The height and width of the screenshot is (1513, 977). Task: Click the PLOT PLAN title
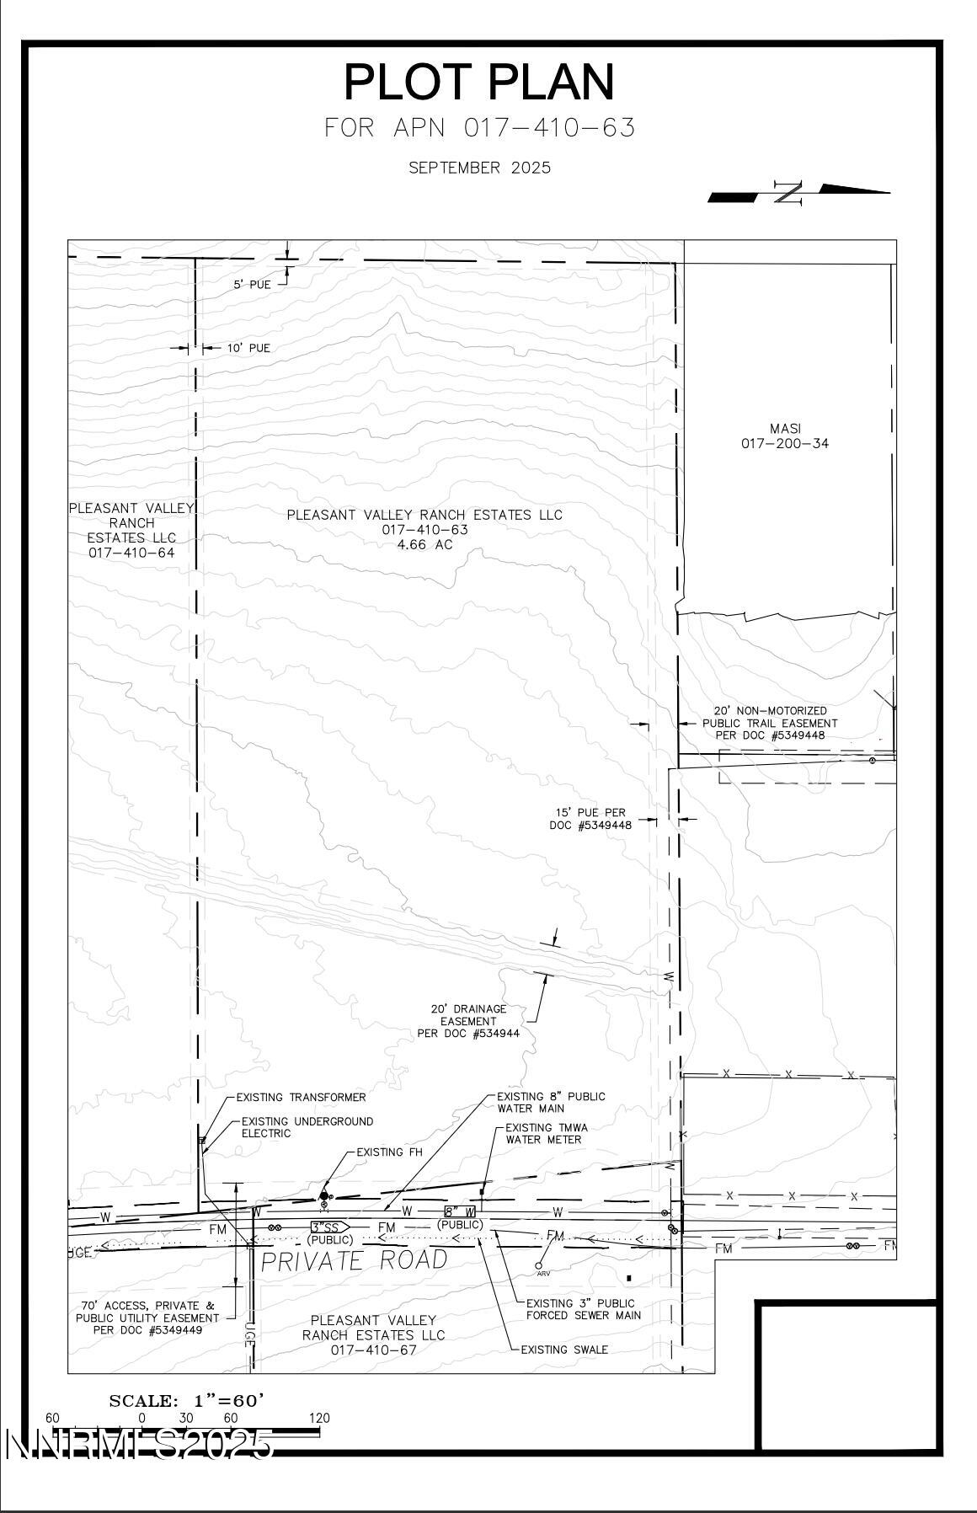pos(479,83)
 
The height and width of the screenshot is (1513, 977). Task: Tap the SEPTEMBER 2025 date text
pos(479,168)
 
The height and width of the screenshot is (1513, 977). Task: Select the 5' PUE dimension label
pos(252,285)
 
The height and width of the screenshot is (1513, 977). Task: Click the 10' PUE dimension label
pos(248,348)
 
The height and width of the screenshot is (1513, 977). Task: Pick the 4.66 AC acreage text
pos(424,545)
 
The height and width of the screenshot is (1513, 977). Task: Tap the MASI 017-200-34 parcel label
pos(785,436)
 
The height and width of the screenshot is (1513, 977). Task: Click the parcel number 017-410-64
pos(131,553)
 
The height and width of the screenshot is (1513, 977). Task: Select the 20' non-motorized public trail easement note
pos(770,723)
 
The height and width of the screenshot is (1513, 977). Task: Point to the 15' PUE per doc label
pos(590,819)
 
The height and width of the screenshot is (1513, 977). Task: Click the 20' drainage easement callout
pos(468,1021)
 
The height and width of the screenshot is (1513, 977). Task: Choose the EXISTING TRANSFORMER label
pos(301,1097)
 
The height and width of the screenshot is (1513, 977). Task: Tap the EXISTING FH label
pos(389,1152)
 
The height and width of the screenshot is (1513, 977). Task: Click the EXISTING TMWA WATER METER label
pos(547,1133)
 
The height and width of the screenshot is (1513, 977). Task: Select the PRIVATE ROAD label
pos(354,1260)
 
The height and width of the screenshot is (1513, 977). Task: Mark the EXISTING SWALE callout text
pos(564,1349)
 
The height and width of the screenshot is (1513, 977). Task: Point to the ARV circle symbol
pos(539,1264)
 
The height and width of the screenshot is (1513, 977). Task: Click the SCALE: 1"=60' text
pos(187,1400)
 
